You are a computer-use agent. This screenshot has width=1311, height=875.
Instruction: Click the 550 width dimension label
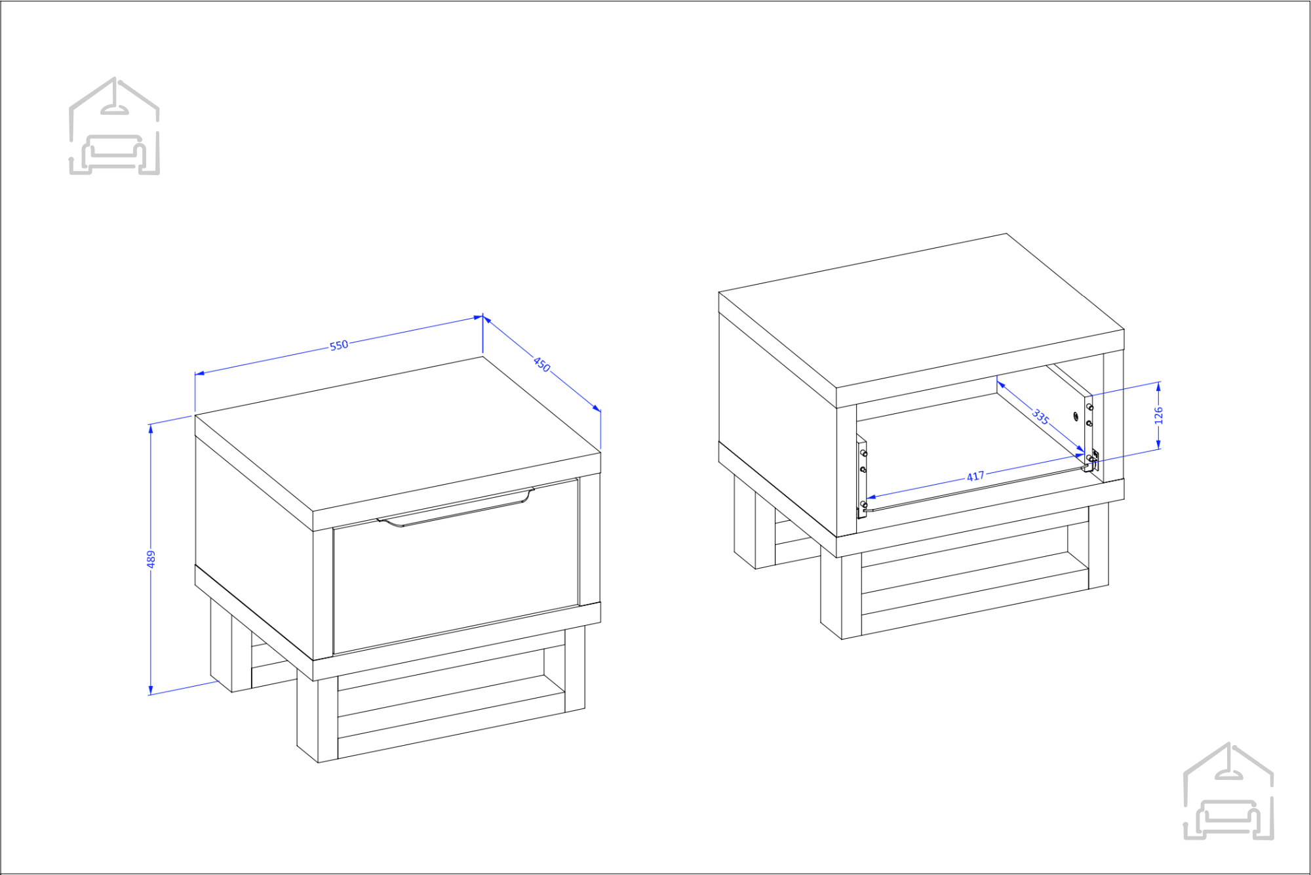339,345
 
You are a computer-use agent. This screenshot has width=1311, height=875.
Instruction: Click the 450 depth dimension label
542,364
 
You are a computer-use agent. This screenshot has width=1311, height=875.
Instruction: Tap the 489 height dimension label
151,559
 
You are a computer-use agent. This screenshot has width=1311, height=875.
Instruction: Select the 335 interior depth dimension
1041,416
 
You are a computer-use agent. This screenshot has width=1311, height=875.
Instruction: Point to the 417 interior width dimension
975,476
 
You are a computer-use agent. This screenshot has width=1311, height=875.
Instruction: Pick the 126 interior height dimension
1158,415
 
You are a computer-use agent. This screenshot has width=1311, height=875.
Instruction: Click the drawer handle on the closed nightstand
456,507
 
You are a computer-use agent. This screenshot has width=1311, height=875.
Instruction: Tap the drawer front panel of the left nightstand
456,567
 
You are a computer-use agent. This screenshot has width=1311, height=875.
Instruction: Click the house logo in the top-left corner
115,126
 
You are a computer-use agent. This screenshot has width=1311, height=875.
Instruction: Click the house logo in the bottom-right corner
1228,791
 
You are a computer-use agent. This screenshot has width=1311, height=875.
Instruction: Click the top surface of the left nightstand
398,434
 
